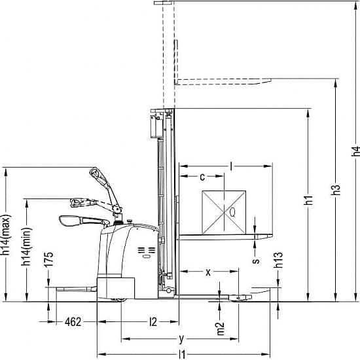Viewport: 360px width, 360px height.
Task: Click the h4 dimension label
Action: coord(355,151)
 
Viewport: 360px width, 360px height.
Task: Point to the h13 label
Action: coord(278,260)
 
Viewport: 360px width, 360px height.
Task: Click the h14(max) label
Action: coord(6,235)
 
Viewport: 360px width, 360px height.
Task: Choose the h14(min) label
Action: coord(26,247)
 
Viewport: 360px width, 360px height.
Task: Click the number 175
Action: coord(48,259)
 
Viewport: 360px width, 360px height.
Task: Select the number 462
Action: coord(73,322)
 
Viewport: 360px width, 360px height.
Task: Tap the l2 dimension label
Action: coord(153,322)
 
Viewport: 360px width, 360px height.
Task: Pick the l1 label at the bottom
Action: coord(182,355)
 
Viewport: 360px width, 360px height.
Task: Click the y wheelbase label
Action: coord(181,338)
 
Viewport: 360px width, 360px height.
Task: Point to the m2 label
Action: coord(221,329)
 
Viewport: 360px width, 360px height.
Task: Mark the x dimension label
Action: coord(208,272)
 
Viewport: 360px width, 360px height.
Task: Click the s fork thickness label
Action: coord(255,261)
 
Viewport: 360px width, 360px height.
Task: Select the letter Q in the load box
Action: coord(232,212)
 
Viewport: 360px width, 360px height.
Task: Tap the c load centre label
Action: coord(202,177)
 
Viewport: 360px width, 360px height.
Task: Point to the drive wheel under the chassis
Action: coord(118,300)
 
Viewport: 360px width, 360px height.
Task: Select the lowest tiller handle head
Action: coord(70,221)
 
